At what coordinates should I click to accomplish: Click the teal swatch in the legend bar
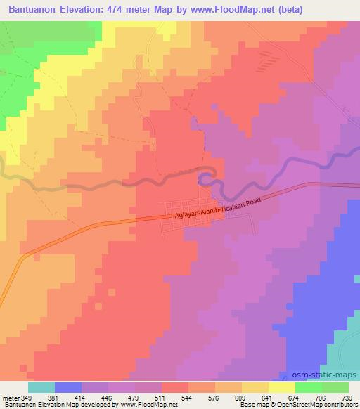pyautogui.click(x=41, y=387)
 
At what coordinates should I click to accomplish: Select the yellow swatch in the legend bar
pyautogui.click(x=281, y=387)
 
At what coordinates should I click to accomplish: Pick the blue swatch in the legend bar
pyautogui.click(x=68, y=387)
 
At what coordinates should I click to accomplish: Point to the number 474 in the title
pyautogui.click(x=141, y=9)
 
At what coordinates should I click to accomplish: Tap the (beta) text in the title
pyautogui.click(x=338, y=9)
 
